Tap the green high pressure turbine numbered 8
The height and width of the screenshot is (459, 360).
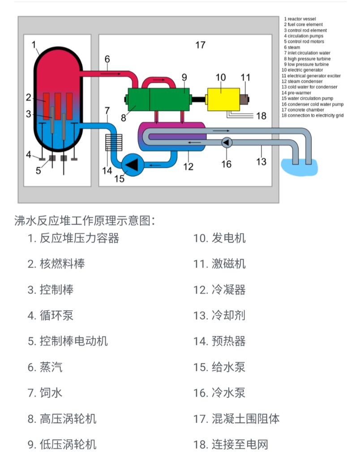tap(137, 99)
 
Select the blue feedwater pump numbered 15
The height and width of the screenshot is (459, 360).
tap(132, 165)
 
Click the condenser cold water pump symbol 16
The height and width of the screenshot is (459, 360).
tap(227, 142)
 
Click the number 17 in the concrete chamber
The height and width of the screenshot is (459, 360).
tap(200, 45)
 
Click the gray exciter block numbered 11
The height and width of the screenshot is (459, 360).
tap(245, 99)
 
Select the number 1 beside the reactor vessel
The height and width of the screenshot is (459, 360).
tap(34, 44)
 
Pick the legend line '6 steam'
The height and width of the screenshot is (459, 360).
tap(294, 47)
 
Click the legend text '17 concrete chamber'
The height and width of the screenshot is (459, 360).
tap(303, 110)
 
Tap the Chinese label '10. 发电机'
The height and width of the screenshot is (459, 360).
tap(219, 238)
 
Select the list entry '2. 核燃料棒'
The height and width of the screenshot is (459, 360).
tap(56, 264)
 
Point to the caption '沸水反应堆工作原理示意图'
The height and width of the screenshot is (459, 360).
tap(85, 221)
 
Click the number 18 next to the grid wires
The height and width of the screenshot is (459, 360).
tap(261, 116)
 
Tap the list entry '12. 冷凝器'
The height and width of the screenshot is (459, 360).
tap(219, 290)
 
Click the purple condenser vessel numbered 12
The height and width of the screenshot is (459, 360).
tap(175, 134)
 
